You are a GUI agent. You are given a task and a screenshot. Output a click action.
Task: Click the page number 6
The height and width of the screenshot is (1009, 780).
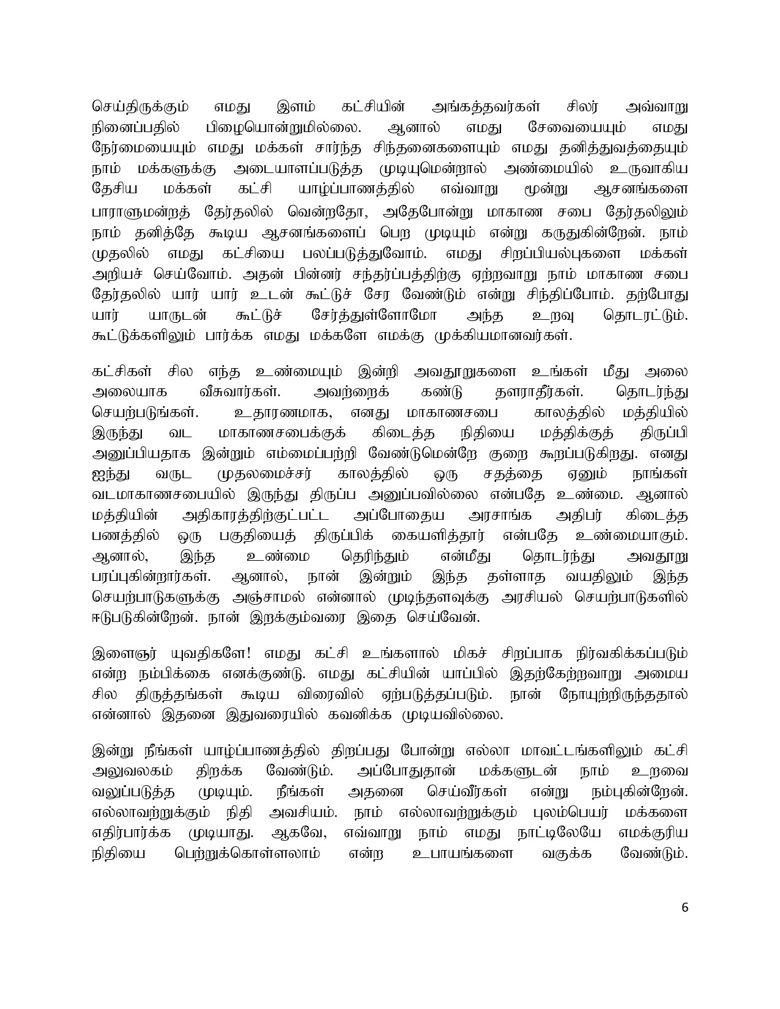point(685,924)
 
